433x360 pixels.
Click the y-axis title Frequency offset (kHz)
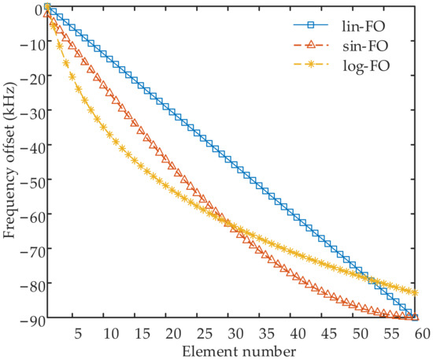11,161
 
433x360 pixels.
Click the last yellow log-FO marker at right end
415,292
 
